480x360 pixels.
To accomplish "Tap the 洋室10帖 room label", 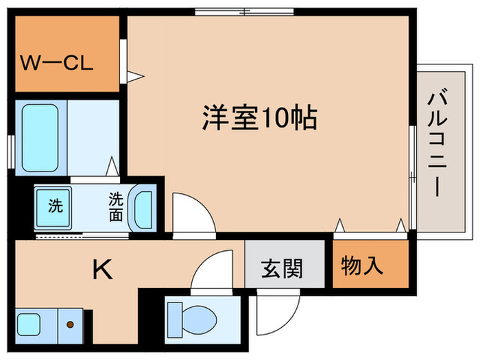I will [x=259, y=118].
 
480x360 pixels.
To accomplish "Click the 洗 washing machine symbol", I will [x=54, y=205].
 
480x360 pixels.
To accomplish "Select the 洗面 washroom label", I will [x=116, y=206].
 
